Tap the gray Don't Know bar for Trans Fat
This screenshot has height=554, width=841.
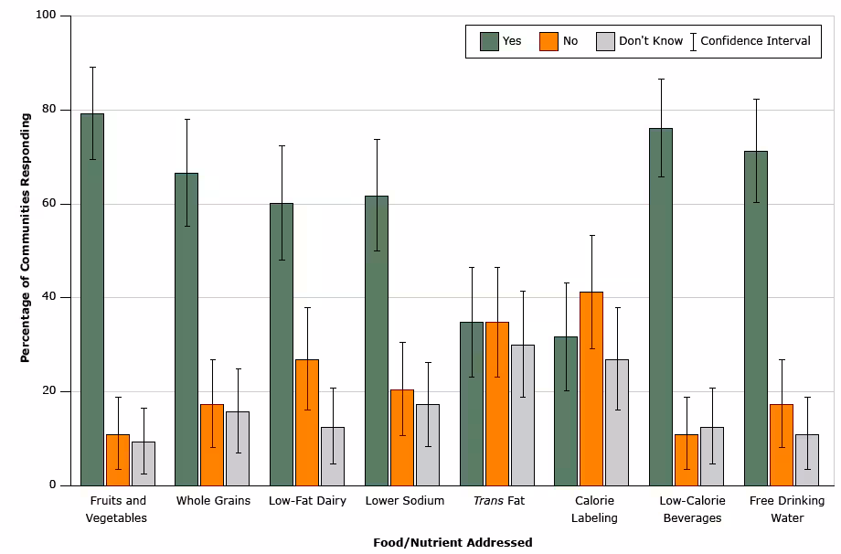pyautogui.click(x=522, y=415)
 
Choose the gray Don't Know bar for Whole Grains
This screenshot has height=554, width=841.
pyautogui.click(x=238, y=448)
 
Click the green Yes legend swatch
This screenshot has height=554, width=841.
pyautogui.click(x=489, y=41)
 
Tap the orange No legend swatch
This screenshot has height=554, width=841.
pyautogui.click(x=548, y=41)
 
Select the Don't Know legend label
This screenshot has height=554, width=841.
pyautogui.click(x=651, y=41)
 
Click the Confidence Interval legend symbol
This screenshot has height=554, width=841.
pyautogui.click(x=693, y=41)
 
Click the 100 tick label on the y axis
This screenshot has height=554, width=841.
pyautogui.click(x=46, y=16)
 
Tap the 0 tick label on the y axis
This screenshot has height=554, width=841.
pyautogui.click(x=53, y=485)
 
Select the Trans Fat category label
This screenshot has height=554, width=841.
pyautogui.click(x=497, y=501)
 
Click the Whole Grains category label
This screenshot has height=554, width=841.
pyautogui.click(x=213, y=501)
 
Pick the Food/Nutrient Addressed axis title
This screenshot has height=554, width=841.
pyautogui.click(x=452, y=542)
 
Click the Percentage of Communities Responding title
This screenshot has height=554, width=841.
pyautogui.click(x=26, y=238)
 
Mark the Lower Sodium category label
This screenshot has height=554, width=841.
pyautogui.click(x=404, y=501)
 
